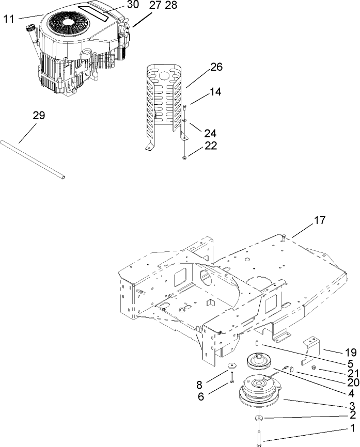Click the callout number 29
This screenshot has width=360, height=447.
39,115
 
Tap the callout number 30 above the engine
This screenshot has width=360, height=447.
133,5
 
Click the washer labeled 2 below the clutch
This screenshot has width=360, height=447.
257,418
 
